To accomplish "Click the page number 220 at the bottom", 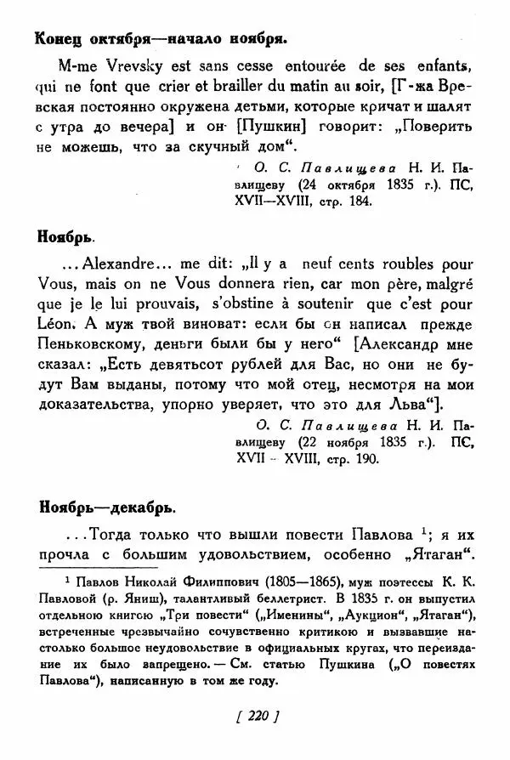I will [x=256, y=717].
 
